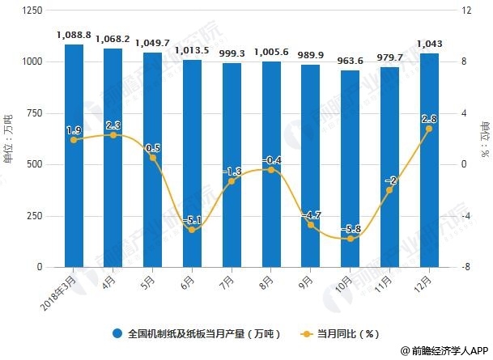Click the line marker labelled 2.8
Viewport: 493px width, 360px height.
(429, 129)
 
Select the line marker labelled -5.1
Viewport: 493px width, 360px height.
(192, 230)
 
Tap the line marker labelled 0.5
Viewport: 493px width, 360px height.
(153, 158)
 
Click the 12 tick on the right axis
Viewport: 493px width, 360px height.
(466, 11)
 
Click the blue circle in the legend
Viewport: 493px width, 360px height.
(118, 332)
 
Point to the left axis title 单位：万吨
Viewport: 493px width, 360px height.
(9, 139)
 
